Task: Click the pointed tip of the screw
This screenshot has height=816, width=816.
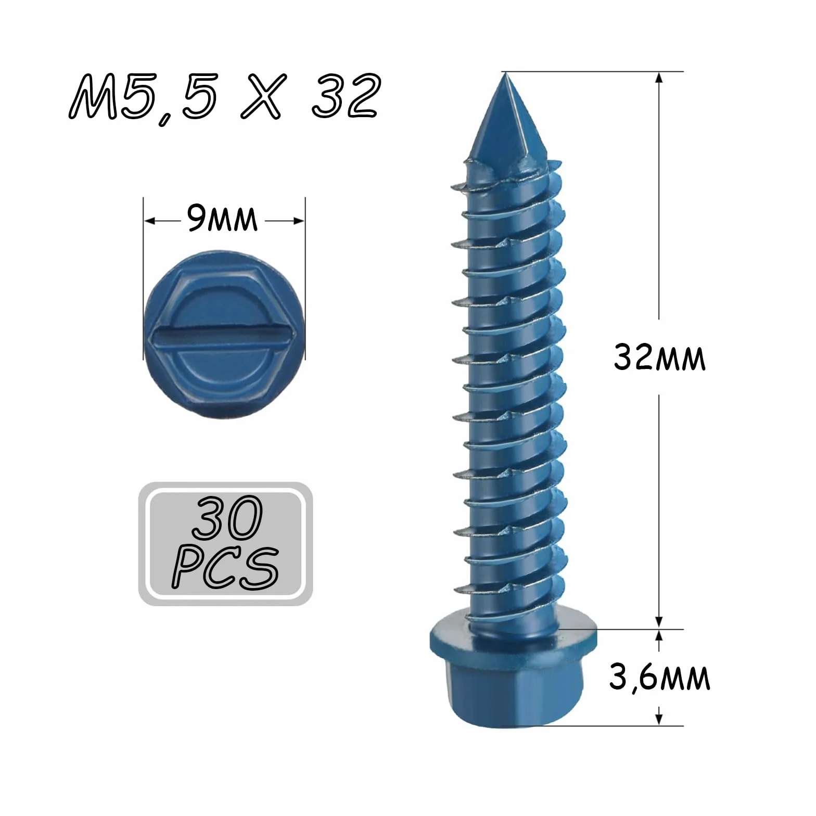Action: pos(505,74)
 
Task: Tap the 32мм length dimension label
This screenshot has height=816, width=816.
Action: pos(659,358)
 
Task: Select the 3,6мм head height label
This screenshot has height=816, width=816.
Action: pos(659,678)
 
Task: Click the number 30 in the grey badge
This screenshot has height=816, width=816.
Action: pos(227,517)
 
